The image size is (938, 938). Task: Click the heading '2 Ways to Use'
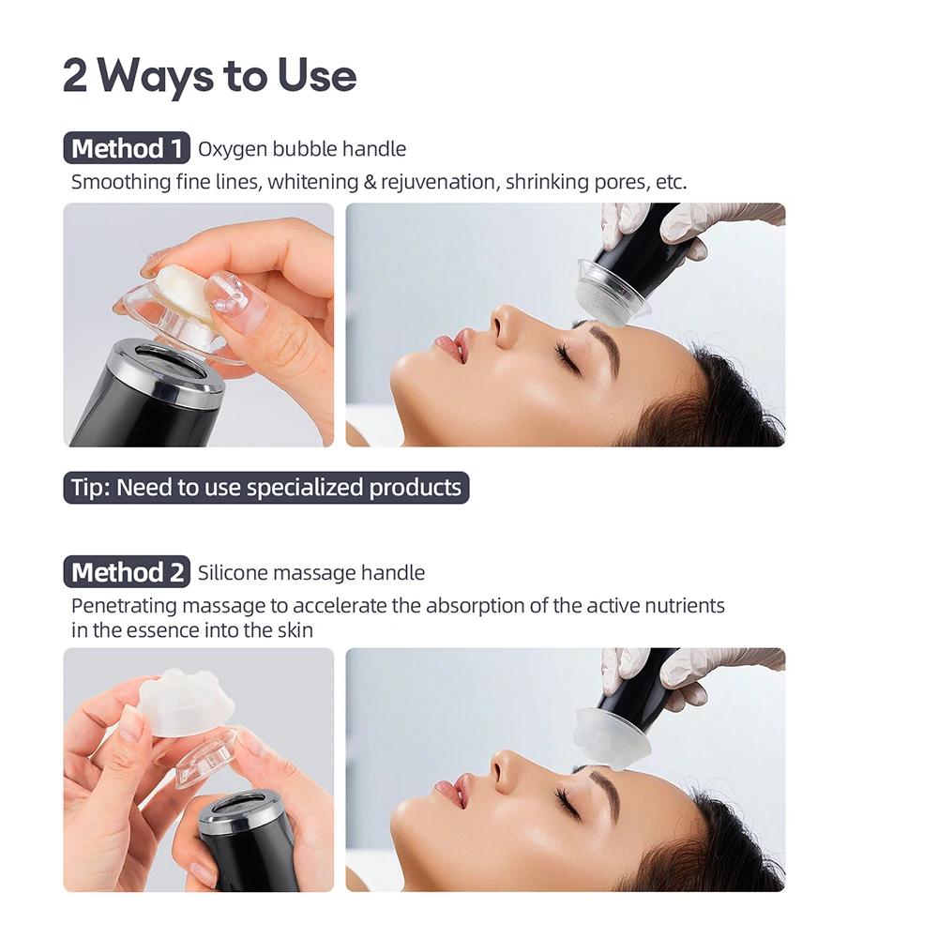[209, 76]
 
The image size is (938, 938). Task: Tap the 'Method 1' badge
[127, 148]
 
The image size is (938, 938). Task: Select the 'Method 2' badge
[127, 572]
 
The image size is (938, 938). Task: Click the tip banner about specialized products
[266, 488]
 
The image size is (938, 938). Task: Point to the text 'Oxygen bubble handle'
[302, 149]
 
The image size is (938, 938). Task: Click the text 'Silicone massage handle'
[311, 573]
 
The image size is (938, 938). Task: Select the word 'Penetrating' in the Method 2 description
[125, 606]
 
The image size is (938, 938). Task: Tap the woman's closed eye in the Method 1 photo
[565, 357]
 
